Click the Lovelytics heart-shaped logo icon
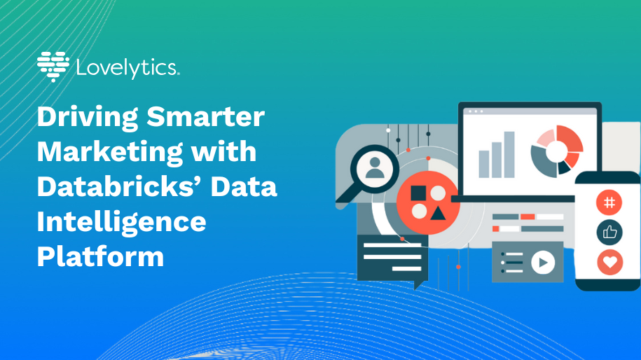click(53, 67)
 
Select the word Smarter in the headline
click(206, 117)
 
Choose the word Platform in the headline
click(101, 256)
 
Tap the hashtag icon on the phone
click(609, 202)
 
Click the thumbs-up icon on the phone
click(609, 232)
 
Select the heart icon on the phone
click(610, 262)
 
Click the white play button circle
click(543, 263)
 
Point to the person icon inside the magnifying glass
click(375, 168)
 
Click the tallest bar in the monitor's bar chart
click(509, 155)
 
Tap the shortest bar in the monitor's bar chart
click(483, 165)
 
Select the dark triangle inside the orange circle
click(438, 214)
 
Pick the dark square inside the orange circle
click(418, 193)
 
